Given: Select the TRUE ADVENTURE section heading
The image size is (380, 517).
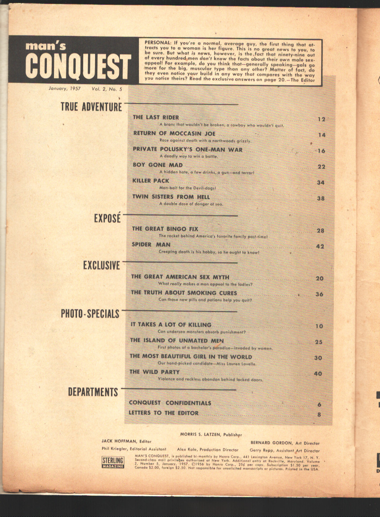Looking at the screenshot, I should click(91, 107).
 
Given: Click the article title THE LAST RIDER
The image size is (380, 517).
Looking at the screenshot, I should click(156, 117).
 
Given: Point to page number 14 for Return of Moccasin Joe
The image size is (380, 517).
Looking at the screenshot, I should click(321, 135).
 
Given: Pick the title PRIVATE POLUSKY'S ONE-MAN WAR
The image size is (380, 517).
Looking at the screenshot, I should click(188, 150).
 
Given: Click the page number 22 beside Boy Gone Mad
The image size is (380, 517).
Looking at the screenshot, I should click(321, 166).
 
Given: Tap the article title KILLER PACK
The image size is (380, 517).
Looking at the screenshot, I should click(151, 181).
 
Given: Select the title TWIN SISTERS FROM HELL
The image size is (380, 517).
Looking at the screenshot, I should click(171, 197).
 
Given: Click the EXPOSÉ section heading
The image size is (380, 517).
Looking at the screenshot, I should click(107, 218).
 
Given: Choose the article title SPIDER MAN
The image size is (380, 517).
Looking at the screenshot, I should click(151, 244).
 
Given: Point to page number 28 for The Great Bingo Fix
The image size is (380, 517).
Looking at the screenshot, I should click(320, 231).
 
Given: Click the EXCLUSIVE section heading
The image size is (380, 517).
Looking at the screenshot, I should click(101, 265).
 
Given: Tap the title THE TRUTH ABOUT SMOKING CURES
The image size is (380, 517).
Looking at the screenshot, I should click(184, 293).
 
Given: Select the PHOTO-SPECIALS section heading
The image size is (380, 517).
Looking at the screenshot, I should click(90, 314).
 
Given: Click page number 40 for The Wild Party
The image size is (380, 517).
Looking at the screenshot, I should click(318, 374).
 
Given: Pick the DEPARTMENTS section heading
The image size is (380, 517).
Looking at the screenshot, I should click(93, 392).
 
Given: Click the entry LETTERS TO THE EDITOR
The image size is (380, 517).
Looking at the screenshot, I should click(163, 413).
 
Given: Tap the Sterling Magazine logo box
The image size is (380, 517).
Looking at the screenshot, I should click(113, 462).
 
